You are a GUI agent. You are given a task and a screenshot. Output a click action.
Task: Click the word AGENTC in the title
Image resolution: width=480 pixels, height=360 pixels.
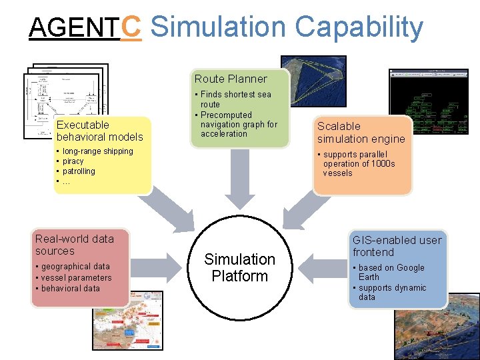point(85,27)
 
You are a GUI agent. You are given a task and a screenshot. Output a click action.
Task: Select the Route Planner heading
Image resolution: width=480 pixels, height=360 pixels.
point(231,79)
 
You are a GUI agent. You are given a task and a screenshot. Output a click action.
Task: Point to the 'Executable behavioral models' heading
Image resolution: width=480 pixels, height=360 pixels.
point(99,131)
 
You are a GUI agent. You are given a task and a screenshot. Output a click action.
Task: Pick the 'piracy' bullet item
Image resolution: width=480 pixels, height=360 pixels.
point(73,161)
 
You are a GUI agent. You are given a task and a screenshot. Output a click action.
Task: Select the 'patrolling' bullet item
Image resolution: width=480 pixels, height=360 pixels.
point(78,171)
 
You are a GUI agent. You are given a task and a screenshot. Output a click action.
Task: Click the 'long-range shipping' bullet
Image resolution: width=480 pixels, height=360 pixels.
point(97,151)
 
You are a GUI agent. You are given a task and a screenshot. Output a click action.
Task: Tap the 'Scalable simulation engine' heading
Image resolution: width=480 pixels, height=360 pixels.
point(361,133)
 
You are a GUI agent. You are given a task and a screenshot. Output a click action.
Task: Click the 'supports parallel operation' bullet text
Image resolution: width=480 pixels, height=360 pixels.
point(359,164)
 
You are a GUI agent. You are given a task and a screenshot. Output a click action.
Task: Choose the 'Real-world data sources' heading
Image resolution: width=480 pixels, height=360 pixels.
point(74,245)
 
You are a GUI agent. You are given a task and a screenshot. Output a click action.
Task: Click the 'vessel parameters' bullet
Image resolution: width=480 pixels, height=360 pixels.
point(76,278)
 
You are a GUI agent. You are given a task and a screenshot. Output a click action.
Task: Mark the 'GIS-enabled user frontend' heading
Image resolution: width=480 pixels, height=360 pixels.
point(397,246)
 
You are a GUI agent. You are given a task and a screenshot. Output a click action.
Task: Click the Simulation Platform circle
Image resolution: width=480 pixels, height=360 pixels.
point(239,267)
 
